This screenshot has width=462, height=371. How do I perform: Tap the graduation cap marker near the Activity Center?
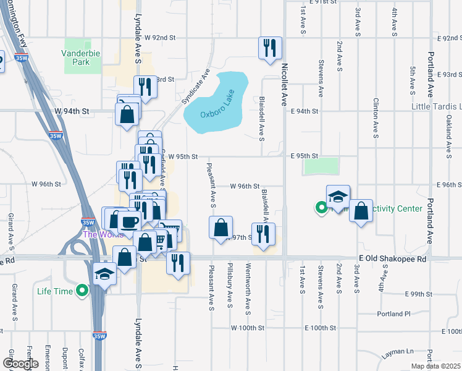coord(338,197)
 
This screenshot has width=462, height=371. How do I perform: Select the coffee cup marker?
coord(129,222)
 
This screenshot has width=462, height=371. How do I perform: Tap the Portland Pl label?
coord(394,313)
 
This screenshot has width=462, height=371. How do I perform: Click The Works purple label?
coord(94,234)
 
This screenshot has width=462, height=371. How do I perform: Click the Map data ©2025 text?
coord(434,366)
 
